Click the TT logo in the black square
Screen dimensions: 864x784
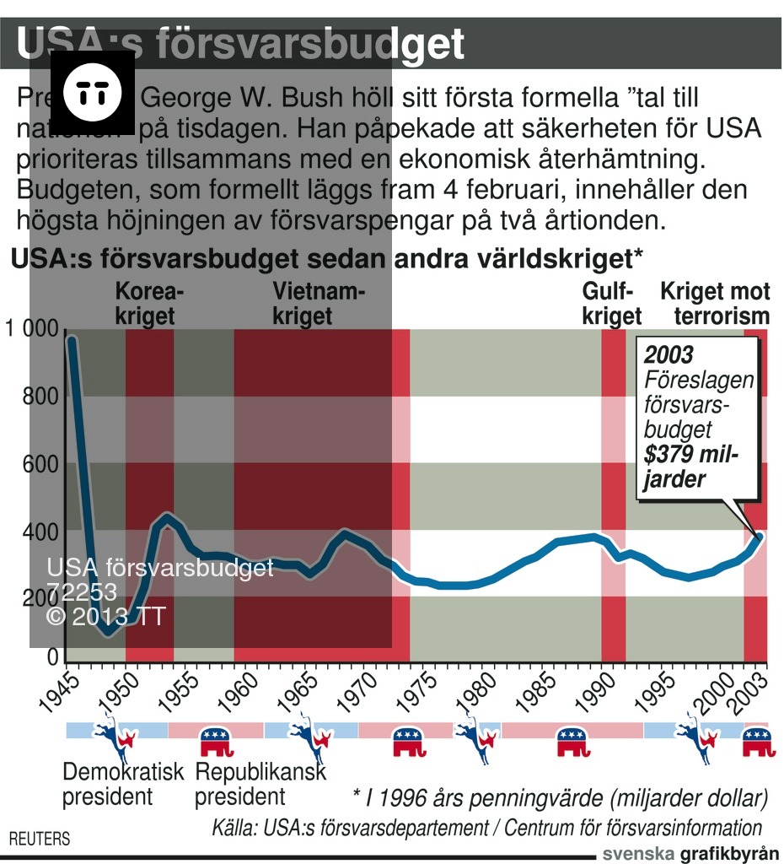click(x=93, y=91)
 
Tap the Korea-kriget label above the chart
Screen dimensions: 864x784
click(x=149, y=305)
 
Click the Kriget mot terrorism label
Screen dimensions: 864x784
click(x=715, y=305)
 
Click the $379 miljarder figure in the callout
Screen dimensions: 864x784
click(x=688, y=467)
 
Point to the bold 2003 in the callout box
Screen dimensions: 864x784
click(x=668, y=354)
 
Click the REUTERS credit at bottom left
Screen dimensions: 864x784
click(x=40, y=840)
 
